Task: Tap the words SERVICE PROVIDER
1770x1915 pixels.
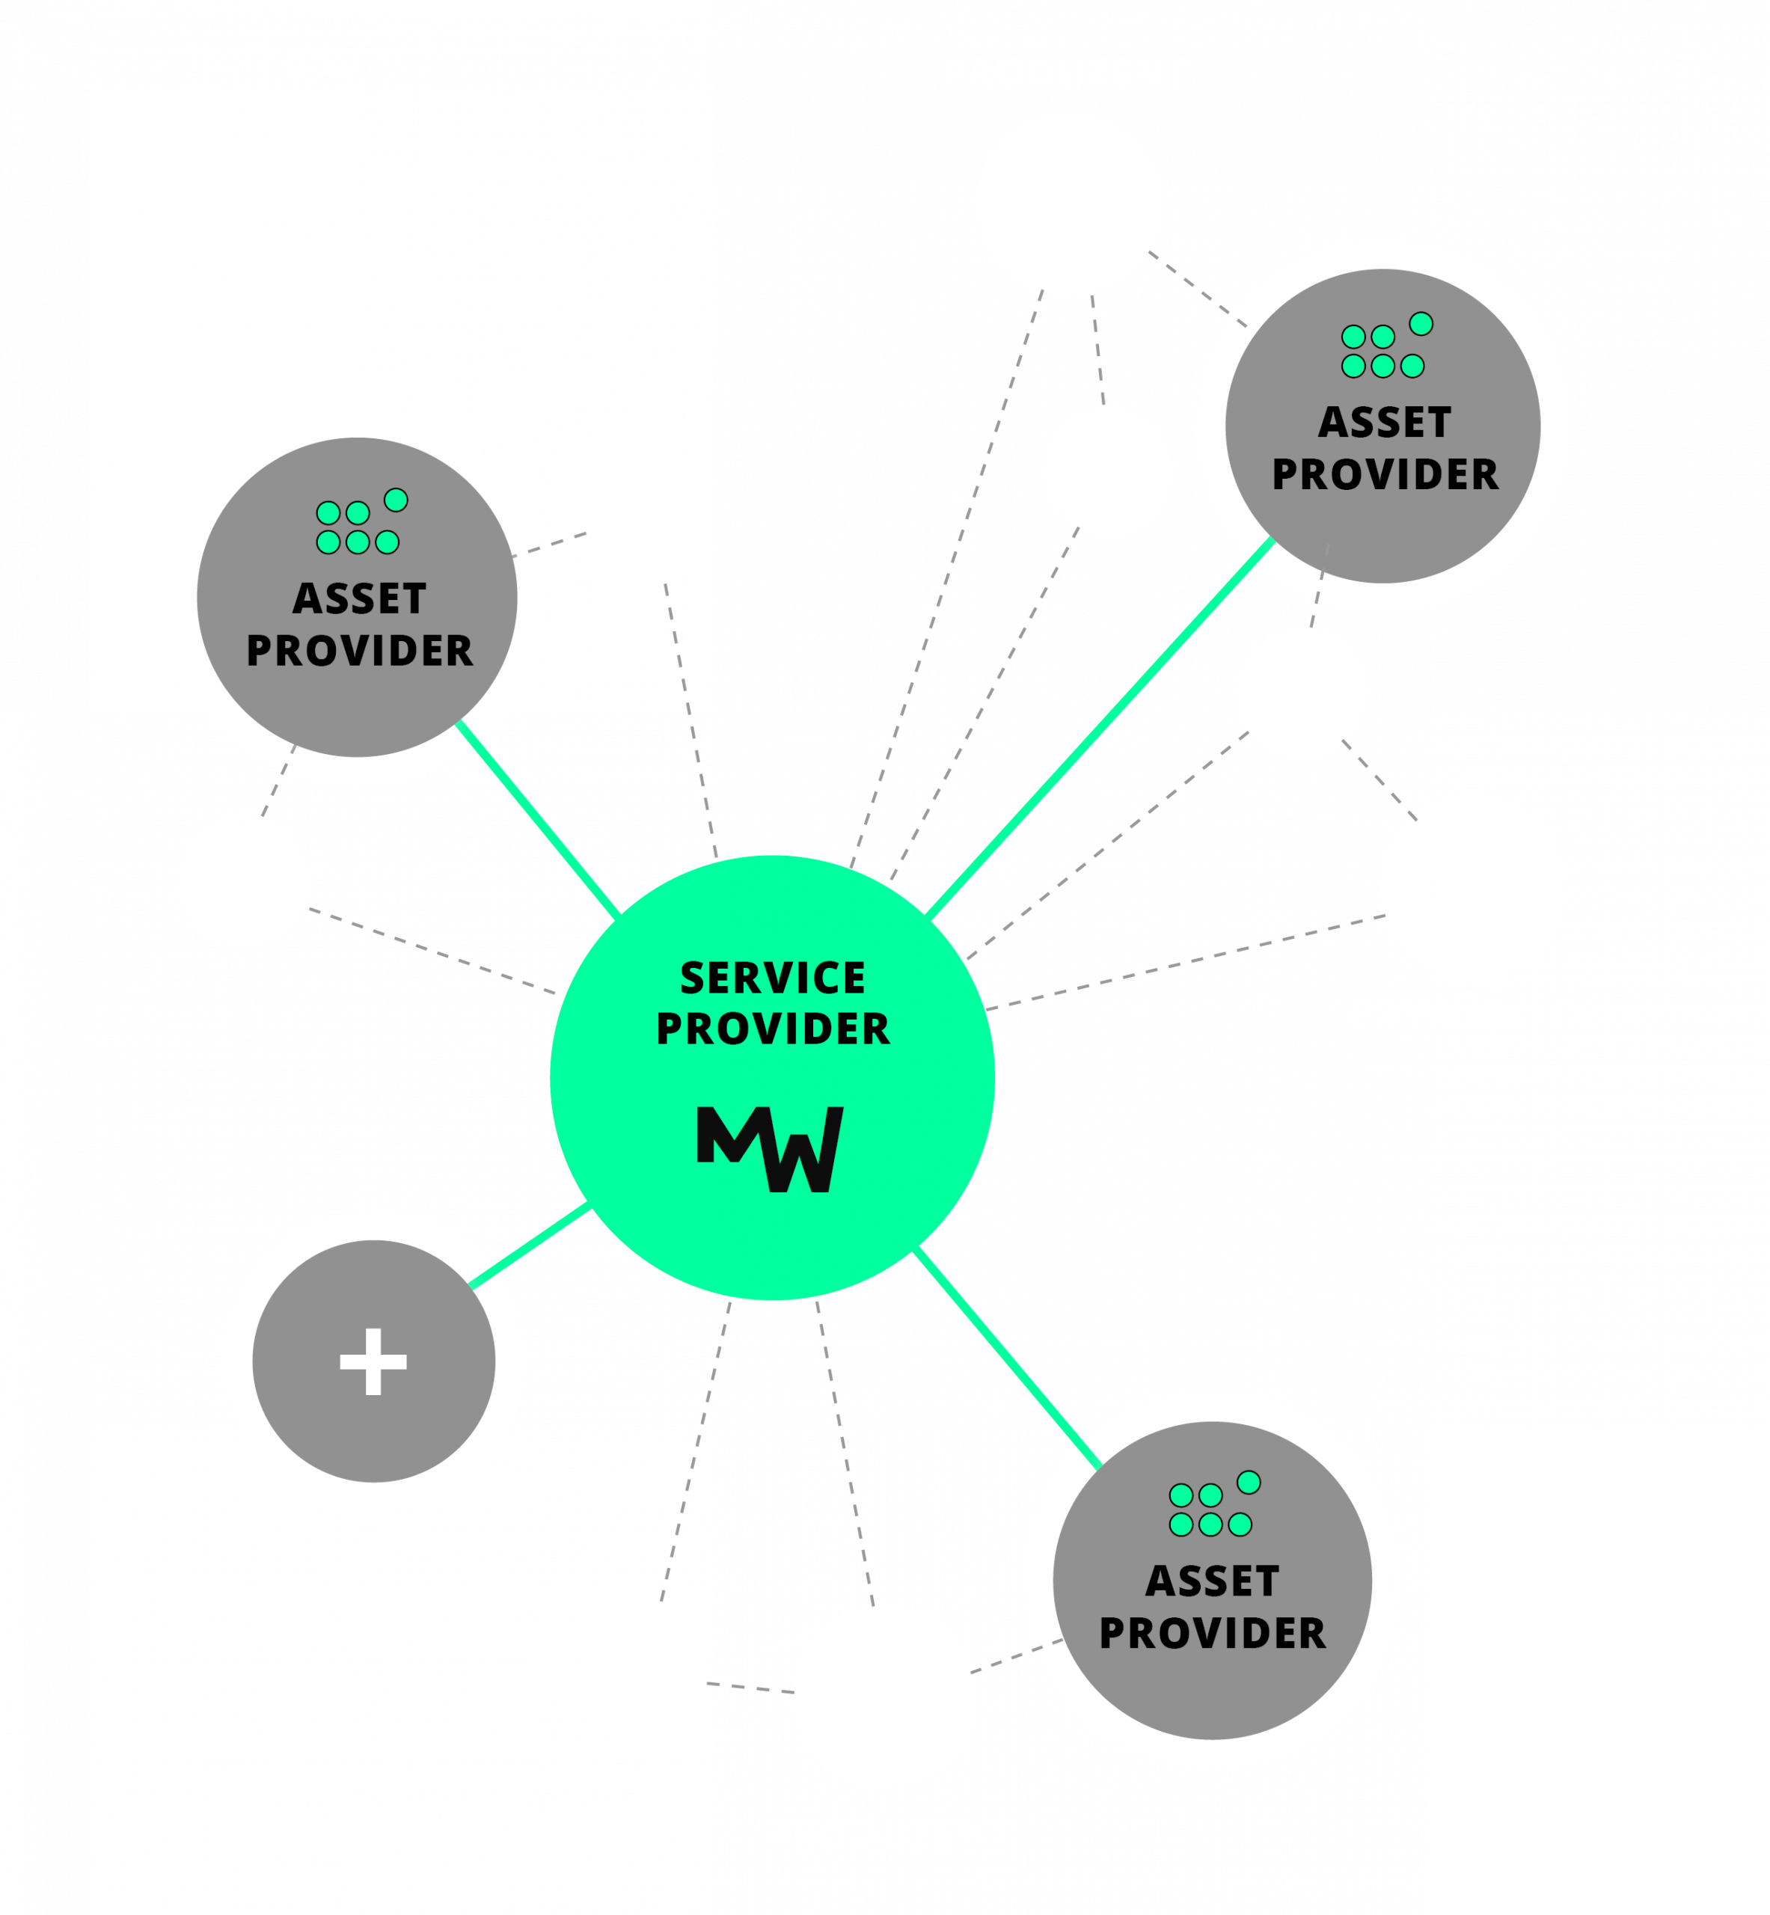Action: (772, 1003)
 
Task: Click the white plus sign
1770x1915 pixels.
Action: (373, 1361)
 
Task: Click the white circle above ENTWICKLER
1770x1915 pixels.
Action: (1472, 886)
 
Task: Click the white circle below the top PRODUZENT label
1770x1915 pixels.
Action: (1068, 203)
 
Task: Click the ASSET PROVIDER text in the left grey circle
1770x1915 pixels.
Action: (359, 625)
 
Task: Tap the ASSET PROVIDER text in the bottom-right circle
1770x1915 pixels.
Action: (1212, 1607)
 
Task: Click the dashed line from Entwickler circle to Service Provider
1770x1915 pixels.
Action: (1186, 961)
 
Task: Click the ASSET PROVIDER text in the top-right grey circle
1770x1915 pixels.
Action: (1384, 448)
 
